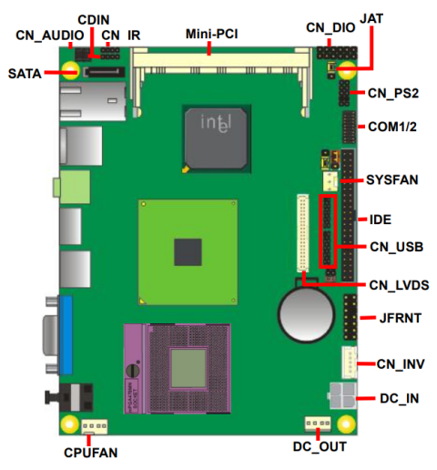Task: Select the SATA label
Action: [25, 73]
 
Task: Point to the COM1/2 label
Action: [391, 127]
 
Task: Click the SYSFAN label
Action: [392, 179]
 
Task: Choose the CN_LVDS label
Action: [399, 285]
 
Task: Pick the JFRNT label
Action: [391, 318]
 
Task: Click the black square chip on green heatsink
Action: [188, 250]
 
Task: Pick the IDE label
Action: [381, 220]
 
